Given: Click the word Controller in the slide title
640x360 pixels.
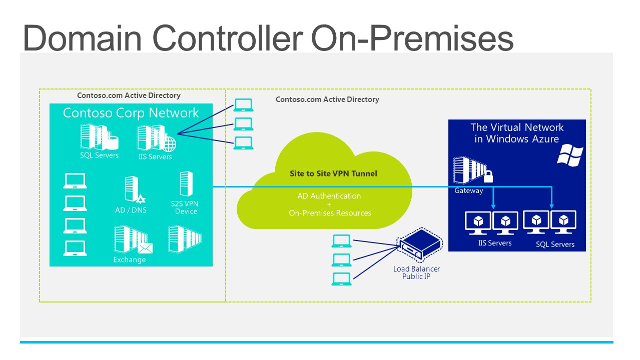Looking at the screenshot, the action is [228, 38].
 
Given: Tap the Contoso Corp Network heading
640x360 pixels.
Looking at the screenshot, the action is [131, 113].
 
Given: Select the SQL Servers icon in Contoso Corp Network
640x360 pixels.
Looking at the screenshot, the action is [99, 137].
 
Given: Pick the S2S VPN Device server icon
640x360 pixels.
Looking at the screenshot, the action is [186, 183].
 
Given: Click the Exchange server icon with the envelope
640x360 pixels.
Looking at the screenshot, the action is [133, 239].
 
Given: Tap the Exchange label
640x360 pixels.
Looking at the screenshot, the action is [130, 259].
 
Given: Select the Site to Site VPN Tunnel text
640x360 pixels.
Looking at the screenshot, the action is [333, 173].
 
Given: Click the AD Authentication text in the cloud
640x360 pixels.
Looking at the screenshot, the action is [329, 196].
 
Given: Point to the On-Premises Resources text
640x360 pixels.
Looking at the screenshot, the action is [330, 213].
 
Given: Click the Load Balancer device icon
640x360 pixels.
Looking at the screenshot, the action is [419, 244].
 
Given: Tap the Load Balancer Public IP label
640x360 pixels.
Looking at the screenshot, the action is [416, 272].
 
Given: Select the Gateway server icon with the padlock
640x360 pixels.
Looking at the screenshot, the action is [473, 170].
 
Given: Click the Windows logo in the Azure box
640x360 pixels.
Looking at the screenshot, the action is [570, 155].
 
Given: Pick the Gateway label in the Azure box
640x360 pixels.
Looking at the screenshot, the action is [468, 190].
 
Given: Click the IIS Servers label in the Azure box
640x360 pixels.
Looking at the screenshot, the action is [495, 243].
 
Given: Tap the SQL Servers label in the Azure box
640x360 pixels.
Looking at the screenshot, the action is [555, 244].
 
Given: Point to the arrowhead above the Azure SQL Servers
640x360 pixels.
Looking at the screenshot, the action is [552, 206].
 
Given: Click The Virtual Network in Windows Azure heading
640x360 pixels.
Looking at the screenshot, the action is [517, 133].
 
